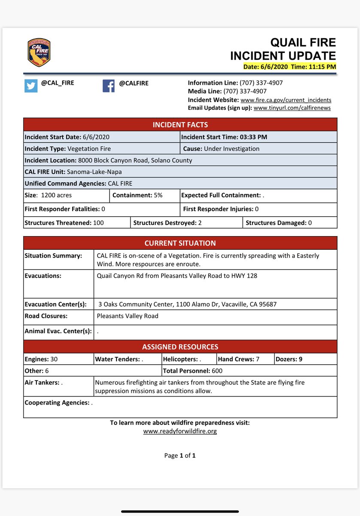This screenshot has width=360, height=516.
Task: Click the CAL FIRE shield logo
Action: click(x=39, y=52)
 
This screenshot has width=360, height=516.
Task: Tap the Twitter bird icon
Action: click(x=31, y=86)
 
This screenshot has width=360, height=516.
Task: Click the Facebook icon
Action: click(x=109, y=86)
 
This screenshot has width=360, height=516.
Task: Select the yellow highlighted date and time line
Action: click(x=289, y=67)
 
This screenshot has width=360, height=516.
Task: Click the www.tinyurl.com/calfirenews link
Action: click(x=292, y=108)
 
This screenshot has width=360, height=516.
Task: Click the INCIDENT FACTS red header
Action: click(x=180, y=125)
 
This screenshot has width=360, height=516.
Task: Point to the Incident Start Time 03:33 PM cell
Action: click(x=258, y=137)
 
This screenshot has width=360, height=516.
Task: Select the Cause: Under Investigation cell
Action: click(x=258, y=149)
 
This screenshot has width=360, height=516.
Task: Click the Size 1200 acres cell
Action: click(x=66, y=195)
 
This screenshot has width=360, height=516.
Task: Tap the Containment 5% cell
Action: click(x=144, y=195)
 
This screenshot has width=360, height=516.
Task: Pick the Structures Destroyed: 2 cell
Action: click(x=186, y=223)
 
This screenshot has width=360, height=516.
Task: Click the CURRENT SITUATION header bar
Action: click(x=180, y=243)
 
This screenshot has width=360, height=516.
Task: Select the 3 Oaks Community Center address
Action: click(x=187, y=304)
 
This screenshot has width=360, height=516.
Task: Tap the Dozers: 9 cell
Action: click(x=305, y=359)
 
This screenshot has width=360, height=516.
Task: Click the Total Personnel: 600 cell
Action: click(x=249, y=371)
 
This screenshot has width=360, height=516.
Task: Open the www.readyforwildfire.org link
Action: click(x=180, y=431)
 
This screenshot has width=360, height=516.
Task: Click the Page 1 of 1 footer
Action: click(x=180, y=455)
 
